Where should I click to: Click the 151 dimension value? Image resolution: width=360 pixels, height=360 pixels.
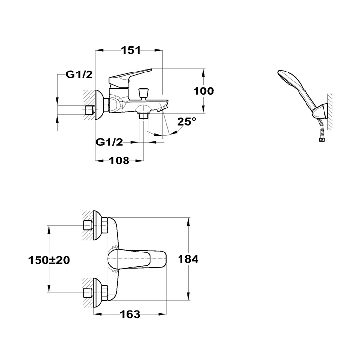(x=131, y=50)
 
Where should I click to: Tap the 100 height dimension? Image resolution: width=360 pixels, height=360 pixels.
(x=203, y=91)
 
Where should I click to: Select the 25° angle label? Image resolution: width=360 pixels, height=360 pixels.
(x=187, y=121)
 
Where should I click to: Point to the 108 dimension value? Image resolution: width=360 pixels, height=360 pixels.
(x=119, y=161)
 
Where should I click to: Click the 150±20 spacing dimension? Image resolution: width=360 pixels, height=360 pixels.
(x=49, y=260)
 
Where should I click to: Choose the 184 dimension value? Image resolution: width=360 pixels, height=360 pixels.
(x=188, y=259)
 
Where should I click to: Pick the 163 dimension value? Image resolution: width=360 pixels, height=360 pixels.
(x=130, y=314)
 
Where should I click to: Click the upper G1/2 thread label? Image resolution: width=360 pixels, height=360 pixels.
(x=79, y=74)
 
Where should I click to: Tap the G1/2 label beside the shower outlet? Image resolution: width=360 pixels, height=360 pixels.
(x=109, y=143)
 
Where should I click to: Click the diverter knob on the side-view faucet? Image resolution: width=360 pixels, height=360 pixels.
(x=144, y=93)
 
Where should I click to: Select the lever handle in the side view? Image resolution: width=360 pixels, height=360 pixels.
(x=128, y=78)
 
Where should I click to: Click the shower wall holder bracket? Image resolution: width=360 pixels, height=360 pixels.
(x=320, y=112)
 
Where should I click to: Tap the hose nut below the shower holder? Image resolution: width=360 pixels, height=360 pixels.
(x=322, y=139)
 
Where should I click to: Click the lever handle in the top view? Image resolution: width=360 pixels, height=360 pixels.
(x=137, y=259)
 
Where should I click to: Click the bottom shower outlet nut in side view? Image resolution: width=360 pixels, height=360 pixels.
(x=144, y=116)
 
